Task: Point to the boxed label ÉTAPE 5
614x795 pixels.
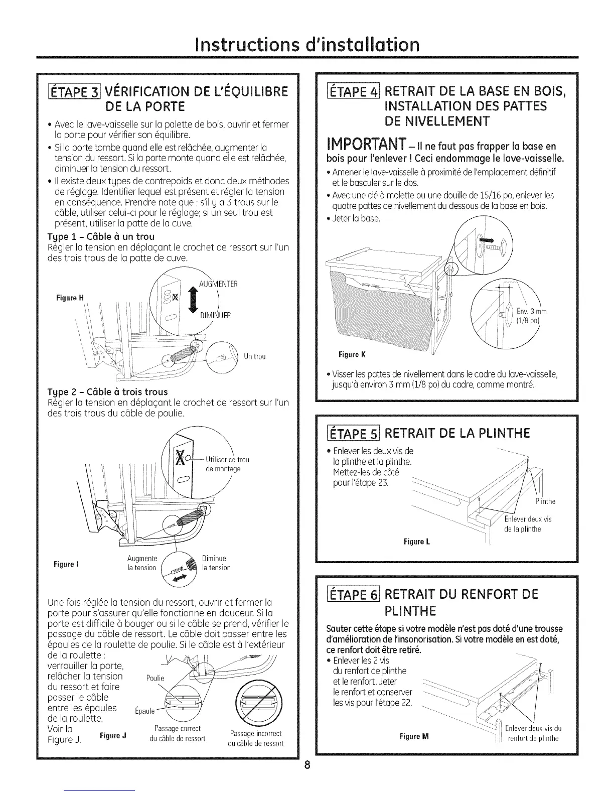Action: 349,433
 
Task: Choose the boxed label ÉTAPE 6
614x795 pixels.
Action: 349,594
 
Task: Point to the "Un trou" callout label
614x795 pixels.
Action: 254,356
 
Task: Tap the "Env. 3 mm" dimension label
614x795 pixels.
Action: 531,312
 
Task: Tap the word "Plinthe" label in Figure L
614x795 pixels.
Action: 545,501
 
